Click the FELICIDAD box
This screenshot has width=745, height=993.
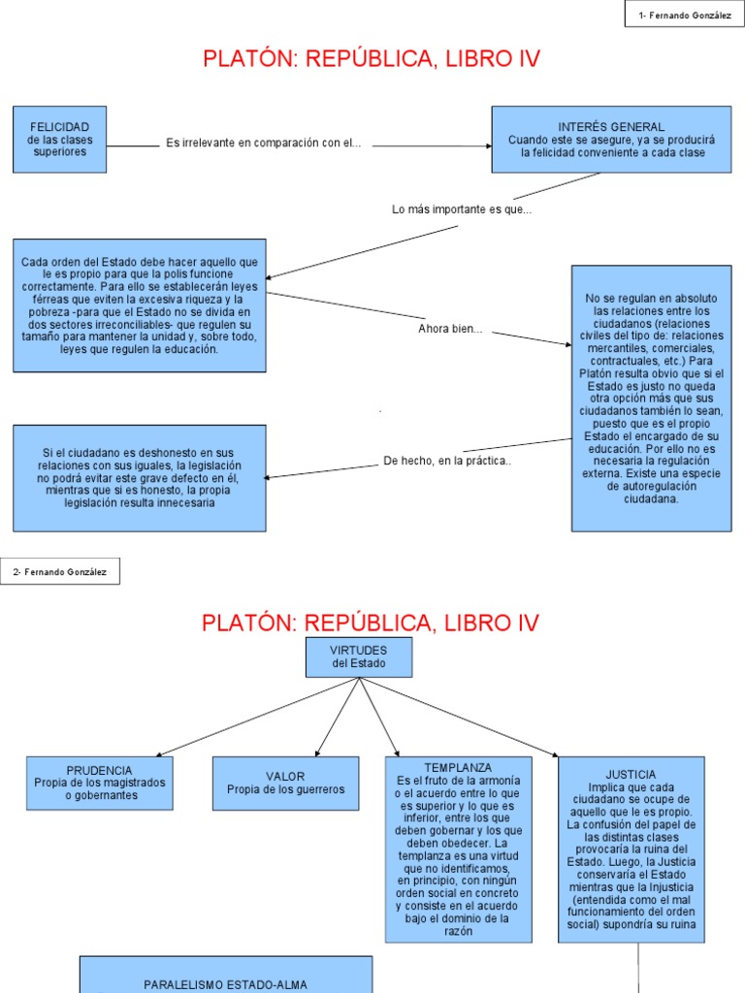[x=59, y=140]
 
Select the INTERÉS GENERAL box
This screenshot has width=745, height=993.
[x=611, y=140]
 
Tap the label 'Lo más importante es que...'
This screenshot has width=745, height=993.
[x=462, y=209]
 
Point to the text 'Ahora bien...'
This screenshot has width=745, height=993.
[x=450, y=329]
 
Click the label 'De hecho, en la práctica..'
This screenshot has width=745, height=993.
[x=447, y=461]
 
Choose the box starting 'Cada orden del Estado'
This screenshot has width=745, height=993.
[x=139, y=304]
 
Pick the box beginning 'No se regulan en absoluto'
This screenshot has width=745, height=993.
[x=651, y=398]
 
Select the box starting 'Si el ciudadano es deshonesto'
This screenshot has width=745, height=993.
[x=139, y=477]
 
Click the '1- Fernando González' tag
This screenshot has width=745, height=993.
[x=685, y=15]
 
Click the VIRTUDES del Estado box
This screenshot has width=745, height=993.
[x=359, y=657]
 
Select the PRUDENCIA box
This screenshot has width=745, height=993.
[x=100, y=783]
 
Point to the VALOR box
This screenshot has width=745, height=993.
[x=285, y=783]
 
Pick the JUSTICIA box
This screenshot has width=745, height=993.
[x=631, y=849]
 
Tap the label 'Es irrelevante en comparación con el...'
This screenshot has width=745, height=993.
[x=264, y=144]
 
